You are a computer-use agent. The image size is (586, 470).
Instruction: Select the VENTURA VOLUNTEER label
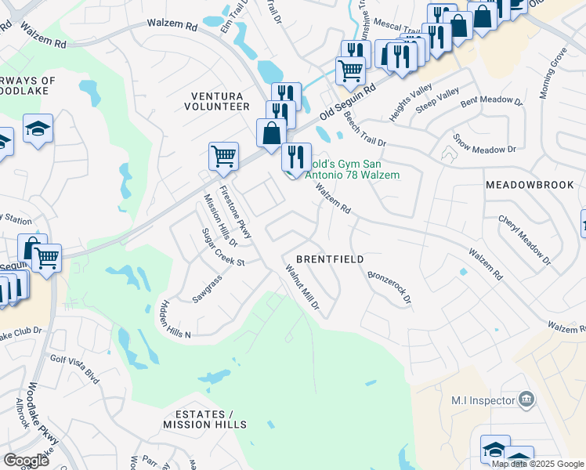coord(220,100)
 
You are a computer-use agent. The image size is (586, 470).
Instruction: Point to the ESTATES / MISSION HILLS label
coord(204,419)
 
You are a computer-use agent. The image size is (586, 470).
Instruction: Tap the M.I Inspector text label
coord(483,400)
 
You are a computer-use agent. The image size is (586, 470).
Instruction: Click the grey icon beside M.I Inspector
coord(526,400)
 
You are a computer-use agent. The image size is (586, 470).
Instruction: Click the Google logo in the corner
coord(26,461)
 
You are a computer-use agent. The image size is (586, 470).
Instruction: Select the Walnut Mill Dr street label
coord(302,289)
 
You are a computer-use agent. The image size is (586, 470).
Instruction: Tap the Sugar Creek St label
coord(223,248)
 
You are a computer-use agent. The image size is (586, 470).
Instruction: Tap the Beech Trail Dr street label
coord(365,129)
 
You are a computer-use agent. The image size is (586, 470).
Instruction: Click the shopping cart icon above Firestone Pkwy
coord(223,155)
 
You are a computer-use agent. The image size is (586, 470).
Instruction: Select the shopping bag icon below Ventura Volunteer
coord(271,132)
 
